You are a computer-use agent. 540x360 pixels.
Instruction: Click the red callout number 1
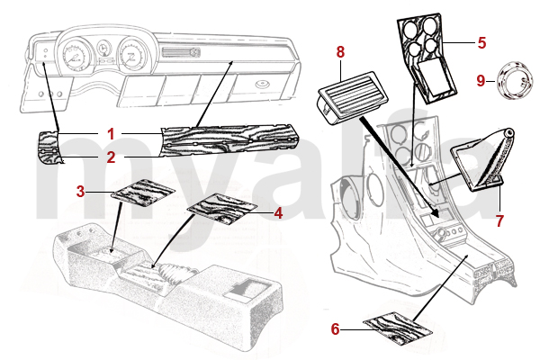click(x=111, y=133)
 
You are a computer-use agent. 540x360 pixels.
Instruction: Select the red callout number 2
click(x=111, y=157)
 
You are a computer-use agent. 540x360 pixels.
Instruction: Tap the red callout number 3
click(x=80, y=191)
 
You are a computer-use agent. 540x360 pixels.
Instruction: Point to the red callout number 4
click(x=278, y=213)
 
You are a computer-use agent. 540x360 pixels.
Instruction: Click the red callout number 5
click(x=481, y=41)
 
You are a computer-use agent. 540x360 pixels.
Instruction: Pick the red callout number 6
click(x=335, y=329)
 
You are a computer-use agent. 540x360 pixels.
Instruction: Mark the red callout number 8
click(x=341, y=53)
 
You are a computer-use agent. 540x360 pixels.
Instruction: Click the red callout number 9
click(x=481, y=81)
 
